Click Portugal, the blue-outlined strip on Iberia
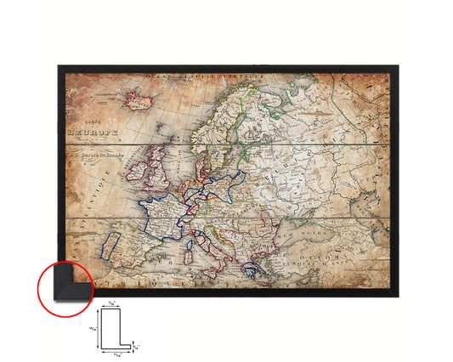tap(108, 247)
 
